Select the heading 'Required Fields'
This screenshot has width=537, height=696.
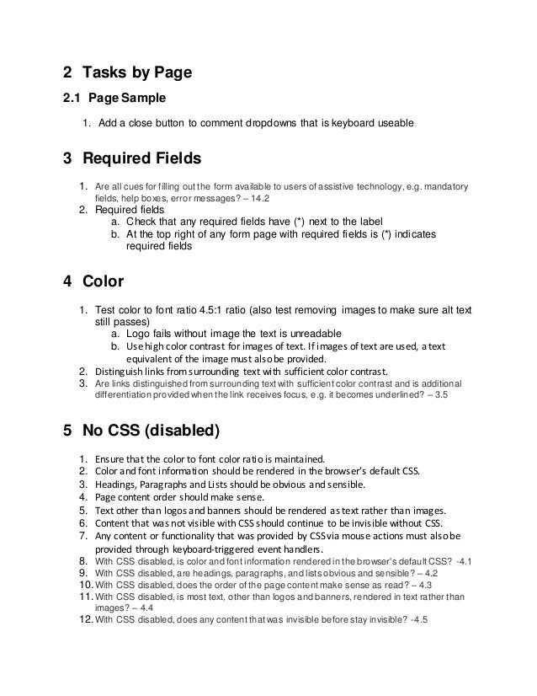click(x=142, y=158)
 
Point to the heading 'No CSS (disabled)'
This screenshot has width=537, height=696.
click(x=152, y=431)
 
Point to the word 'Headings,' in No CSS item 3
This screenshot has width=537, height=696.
click(x=116, y=485)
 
